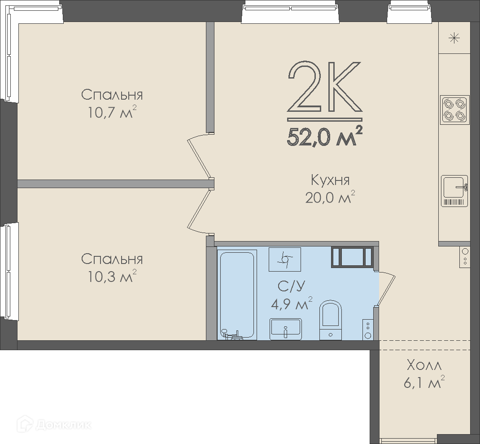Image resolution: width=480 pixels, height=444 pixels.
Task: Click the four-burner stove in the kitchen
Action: [454, 110]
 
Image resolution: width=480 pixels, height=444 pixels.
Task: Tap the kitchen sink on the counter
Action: [454, 191]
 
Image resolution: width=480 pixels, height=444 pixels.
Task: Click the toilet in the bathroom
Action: [330, 320]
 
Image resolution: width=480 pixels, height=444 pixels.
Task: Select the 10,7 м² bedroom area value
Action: [112, 112]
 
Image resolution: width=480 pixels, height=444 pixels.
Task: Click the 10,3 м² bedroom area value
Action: [112, 277]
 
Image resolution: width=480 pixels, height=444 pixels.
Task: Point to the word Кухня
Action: [330, 180]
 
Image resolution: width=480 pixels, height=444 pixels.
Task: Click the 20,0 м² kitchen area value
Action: [330, 198]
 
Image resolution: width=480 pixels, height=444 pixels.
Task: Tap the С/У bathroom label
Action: [292, 286]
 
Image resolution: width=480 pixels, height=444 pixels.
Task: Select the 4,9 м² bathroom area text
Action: [292, 303]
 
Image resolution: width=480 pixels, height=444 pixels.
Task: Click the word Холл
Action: [424, 365]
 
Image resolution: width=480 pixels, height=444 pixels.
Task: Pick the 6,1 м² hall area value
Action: [424, 382]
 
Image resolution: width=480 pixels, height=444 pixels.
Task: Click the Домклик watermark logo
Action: [56, 425]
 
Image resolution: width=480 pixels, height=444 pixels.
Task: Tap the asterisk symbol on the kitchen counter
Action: [454, 38]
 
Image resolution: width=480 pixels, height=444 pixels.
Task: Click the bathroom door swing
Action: [387, 288]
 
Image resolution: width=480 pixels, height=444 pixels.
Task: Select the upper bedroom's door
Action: [201, 156]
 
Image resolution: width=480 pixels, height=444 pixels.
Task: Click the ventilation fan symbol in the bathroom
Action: [285, 259]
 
